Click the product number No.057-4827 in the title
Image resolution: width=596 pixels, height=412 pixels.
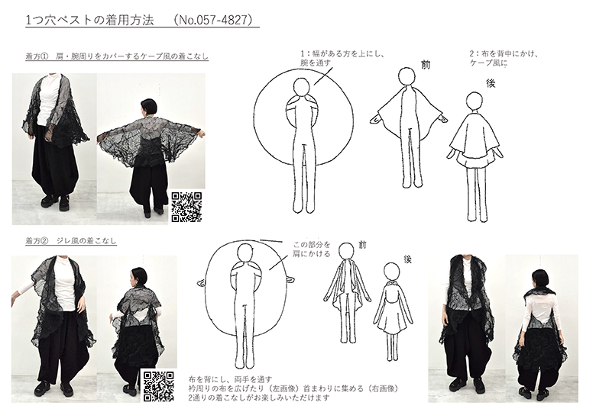[x=213, y=20]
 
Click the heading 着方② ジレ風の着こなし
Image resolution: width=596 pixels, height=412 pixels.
[x=71, y=241]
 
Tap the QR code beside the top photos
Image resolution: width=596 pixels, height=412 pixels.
[x=186, y=207]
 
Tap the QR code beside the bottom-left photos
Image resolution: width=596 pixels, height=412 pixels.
[x=159, y=386]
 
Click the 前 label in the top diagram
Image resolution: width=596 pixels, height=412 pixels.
[x=426, y=65]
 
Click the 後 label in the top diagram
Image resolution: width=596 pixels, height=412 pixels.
[x=491, y=83]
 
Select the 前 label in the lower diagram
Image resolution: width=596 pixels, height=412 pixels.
[x=363, y=245]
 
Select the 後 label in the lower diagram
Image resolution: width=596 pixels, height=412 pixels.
[x=407, y=259]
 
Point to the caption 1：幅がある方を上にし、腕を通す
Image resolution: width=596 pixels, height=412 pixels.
[x=342, y=59]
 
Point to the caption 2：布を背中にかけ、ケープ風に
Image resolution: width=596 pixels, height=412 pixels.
[x=504, y=59]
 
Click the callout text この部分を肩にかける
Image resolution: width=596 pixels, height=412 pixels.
[x=311, y=249]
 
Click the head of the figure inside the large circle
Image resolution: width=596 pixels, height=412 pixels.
[x=301, y=87]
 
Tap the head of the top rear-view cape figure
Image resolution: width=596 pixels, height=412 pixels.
[x=475, y=100]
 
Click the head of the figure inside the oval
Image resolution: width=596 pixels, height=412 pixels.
[x=245, y=253]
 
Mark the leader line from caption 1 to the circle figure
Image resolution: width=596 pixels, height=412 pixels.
[x=323, y=76]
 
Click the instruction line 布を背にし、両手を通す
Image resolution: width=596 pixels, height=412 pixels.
[x=230, y=379]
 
